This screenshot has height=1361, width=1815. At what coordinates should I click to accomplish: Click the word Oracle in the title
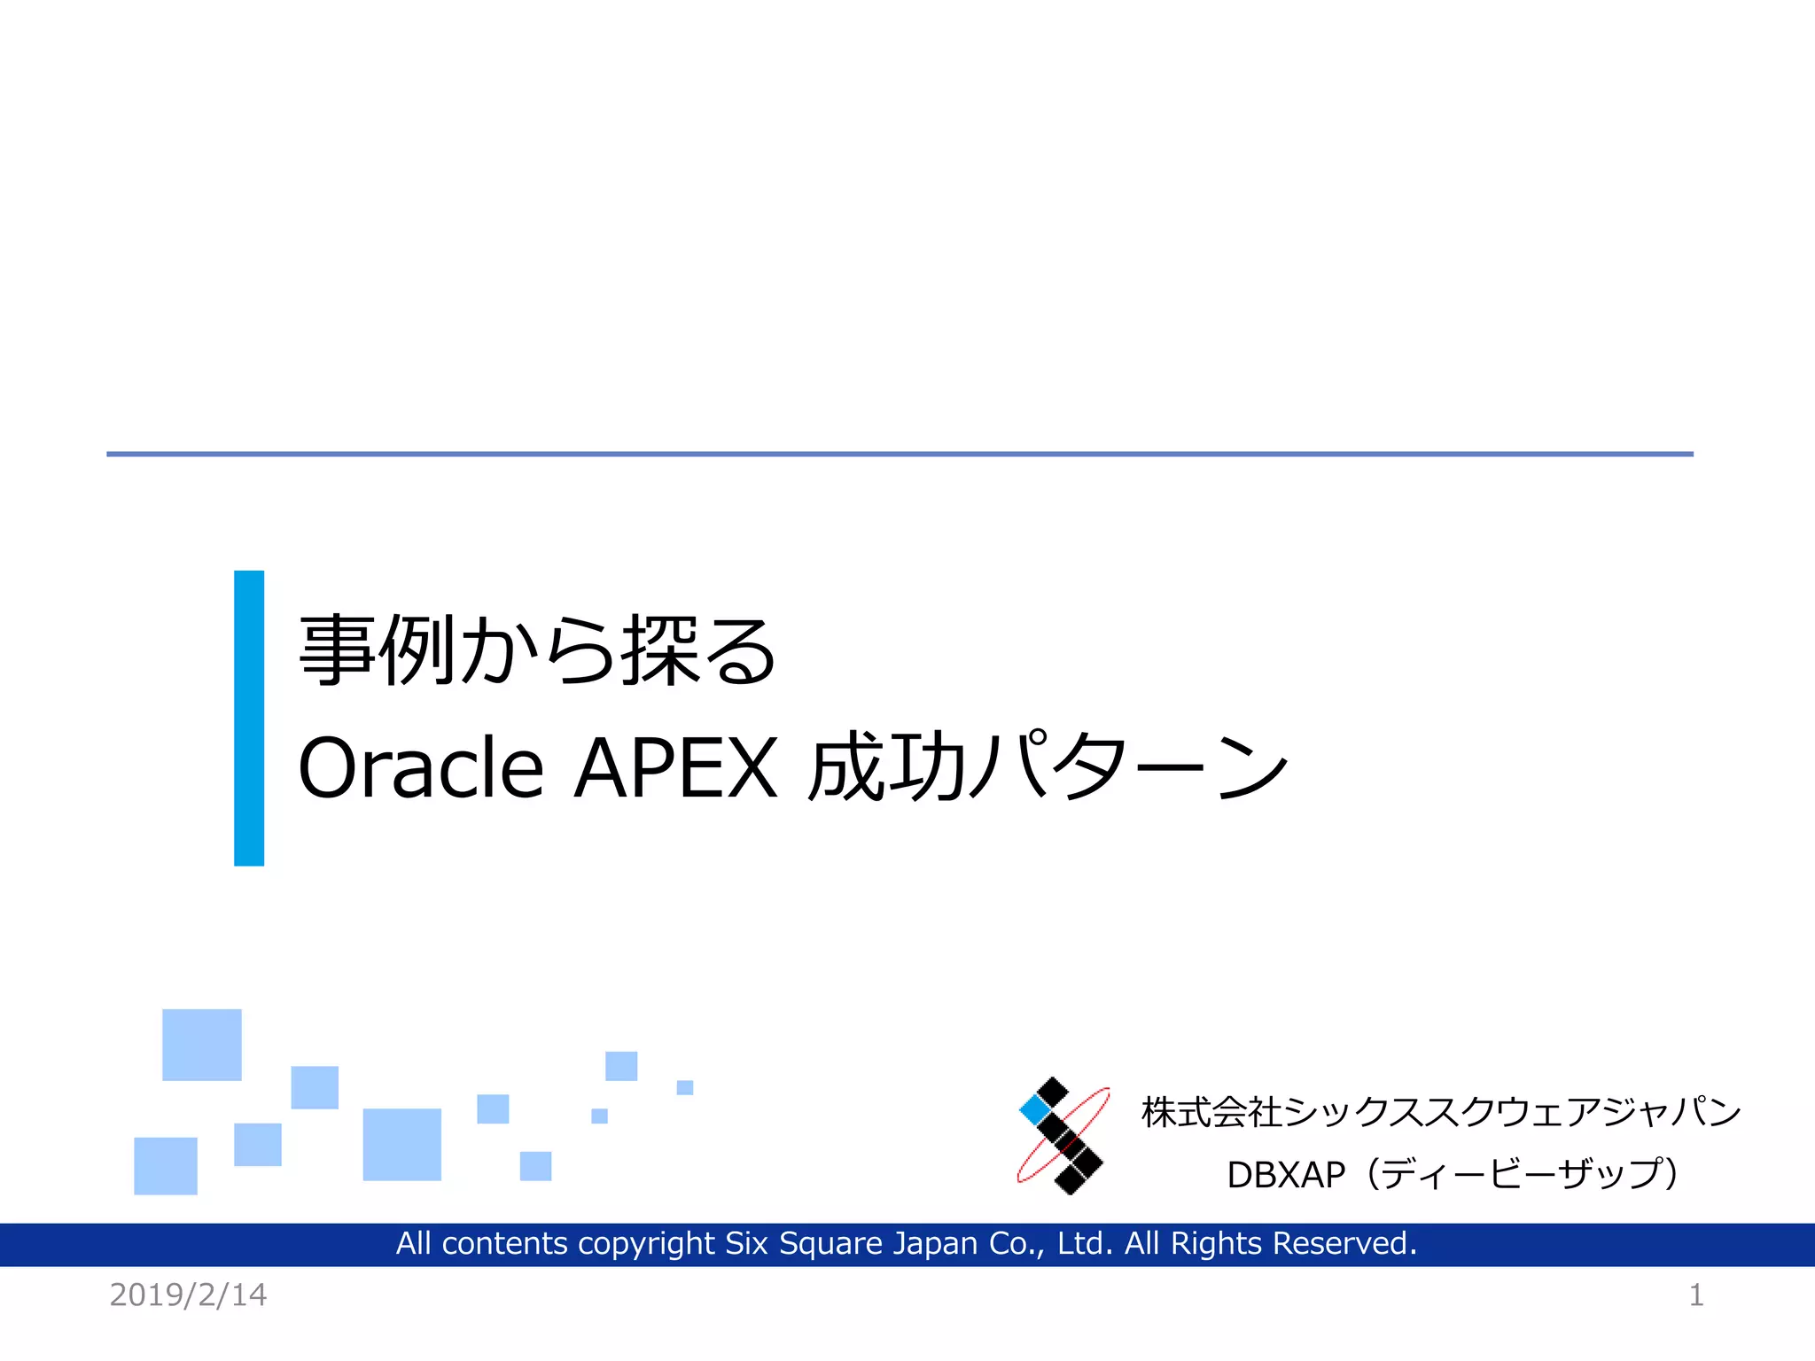point(421,767)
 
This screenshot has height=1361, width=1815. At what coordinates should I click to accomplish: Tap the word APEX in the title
point(675,767)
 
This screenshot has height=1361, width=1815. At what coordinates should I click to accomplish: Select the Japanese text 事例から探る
point(538,651)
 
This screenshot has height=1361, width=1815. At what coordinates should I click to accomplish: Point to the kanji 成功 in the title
point(887,767)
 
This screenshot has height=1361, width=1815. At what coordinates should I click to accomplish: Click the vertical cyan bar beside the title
point(249,718)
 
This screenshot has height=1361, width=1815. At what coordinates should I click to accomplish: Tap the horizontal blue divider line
point(900,454)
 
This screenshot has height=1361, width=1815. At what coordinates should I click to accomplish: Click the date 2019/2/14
point(188,1295)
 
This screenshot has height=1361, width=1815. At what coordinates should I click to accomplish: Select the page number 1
point(1695,1295)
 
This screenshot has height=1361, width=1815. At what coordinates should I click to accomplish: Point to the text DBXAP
point(1285,1175)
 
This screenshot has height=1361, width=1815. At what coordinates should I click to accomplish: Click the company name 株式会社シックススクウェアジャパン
point(1441,1112)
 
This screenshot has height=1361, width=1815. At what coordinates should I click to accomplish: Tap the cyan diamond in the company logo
point(1034,1109)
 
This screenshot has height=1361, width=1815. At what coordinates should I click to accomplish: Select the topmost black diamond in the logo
point(1052,1092)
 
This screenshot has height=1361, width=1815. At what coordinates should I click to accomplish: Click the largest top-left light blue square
point(202,1045)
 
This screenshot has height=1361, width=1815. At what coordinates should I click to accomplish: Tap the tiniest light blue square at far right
point(684,1087)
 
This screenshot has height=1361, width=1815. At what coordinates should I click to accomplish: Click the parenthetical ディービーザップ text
point(1521,1175)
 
